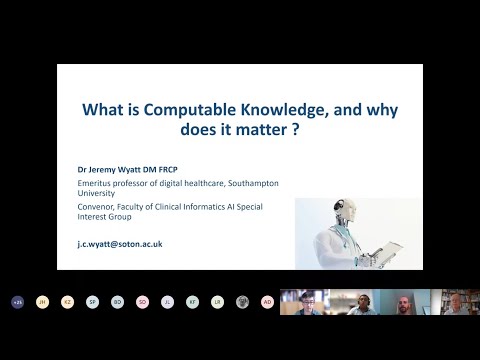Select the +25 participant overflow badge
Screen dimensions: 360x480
coord(17,301)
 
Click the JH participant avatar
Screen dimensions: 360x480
coord(42,301)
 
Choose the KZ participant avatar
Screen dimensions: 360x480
coord(67,301)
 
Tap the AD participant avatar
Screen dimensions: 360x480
coord(267,301)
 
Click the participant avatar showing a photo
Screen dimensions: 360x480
coord(242,301)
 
